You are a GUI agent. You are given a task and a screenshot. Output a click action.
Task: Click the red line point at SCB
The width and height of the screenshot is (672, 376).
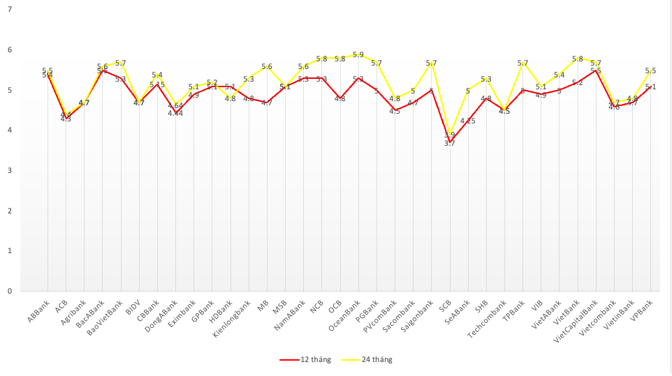450,142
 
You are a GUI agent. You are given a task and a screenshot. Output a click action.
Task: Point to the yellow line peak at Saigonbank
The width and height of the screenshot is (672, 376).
432,62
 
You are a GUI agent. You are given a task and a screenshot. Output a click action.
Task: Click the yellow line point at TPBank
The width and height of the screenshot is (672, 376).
523,62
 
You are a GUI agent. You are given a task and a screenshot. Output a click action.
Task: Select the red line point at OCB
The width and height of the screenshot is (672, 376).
340,98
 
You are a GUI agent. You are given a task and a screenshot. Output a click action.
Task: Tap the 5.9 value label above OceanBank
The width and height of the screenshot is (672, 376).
358,54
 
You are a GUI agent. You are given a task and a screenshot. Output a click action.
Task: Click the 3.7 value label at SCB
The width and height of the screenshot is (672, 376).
450,143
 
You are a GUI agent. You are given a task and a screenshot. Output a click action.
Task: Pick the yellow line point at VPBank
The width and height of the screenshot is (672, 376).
651,70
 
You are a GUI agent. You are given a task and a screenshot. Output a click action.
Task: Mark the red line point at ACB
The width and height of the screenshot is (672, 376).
66,119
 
